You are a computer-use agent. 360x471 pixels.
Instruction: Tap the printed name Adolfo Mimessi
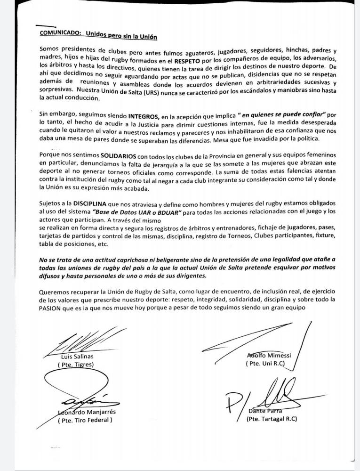(269, 355)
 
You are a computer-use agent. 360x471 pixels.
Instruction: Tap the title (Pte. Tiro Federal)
(85, 420)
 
